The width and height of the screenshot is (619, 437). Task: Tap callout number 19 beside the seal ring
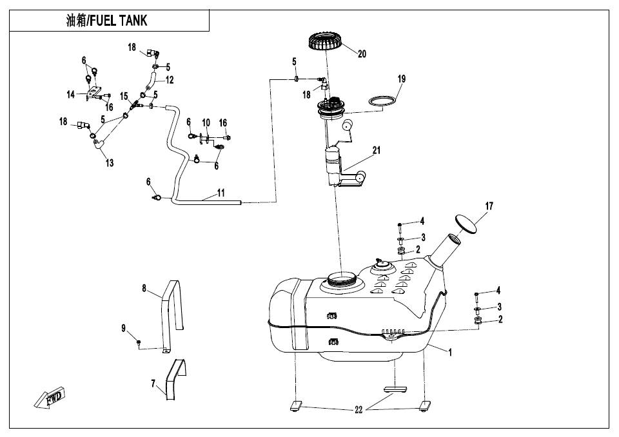coord(401,79)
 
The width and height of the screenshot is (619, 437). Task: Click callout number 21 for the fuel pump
coord(376,150)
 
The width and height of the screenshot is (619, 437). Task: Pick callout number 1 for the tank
coord(450,353)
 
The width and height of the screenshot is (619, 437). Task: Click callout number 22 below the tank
coord(359,411)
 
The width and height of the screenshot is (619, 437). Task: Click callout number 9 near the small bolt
coord(124,329)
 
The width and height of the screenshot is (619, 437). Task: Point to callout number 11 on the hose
coord(221,193)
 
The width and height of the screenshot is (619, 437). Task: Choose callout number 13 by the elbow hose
coord(110,163)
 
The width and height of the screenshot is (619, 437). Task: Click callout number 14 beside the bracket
coord(71,94)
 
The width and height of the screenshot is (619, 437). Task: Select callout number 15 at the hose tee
coord(124,96)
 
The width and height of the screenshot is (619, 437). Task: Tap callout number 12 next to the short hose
coord(170,81)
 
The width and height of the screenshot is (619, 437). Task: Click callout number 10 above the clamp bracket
coord(206,122)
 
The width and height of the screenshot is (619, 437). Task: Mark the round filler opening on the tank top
coord(342,279)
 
